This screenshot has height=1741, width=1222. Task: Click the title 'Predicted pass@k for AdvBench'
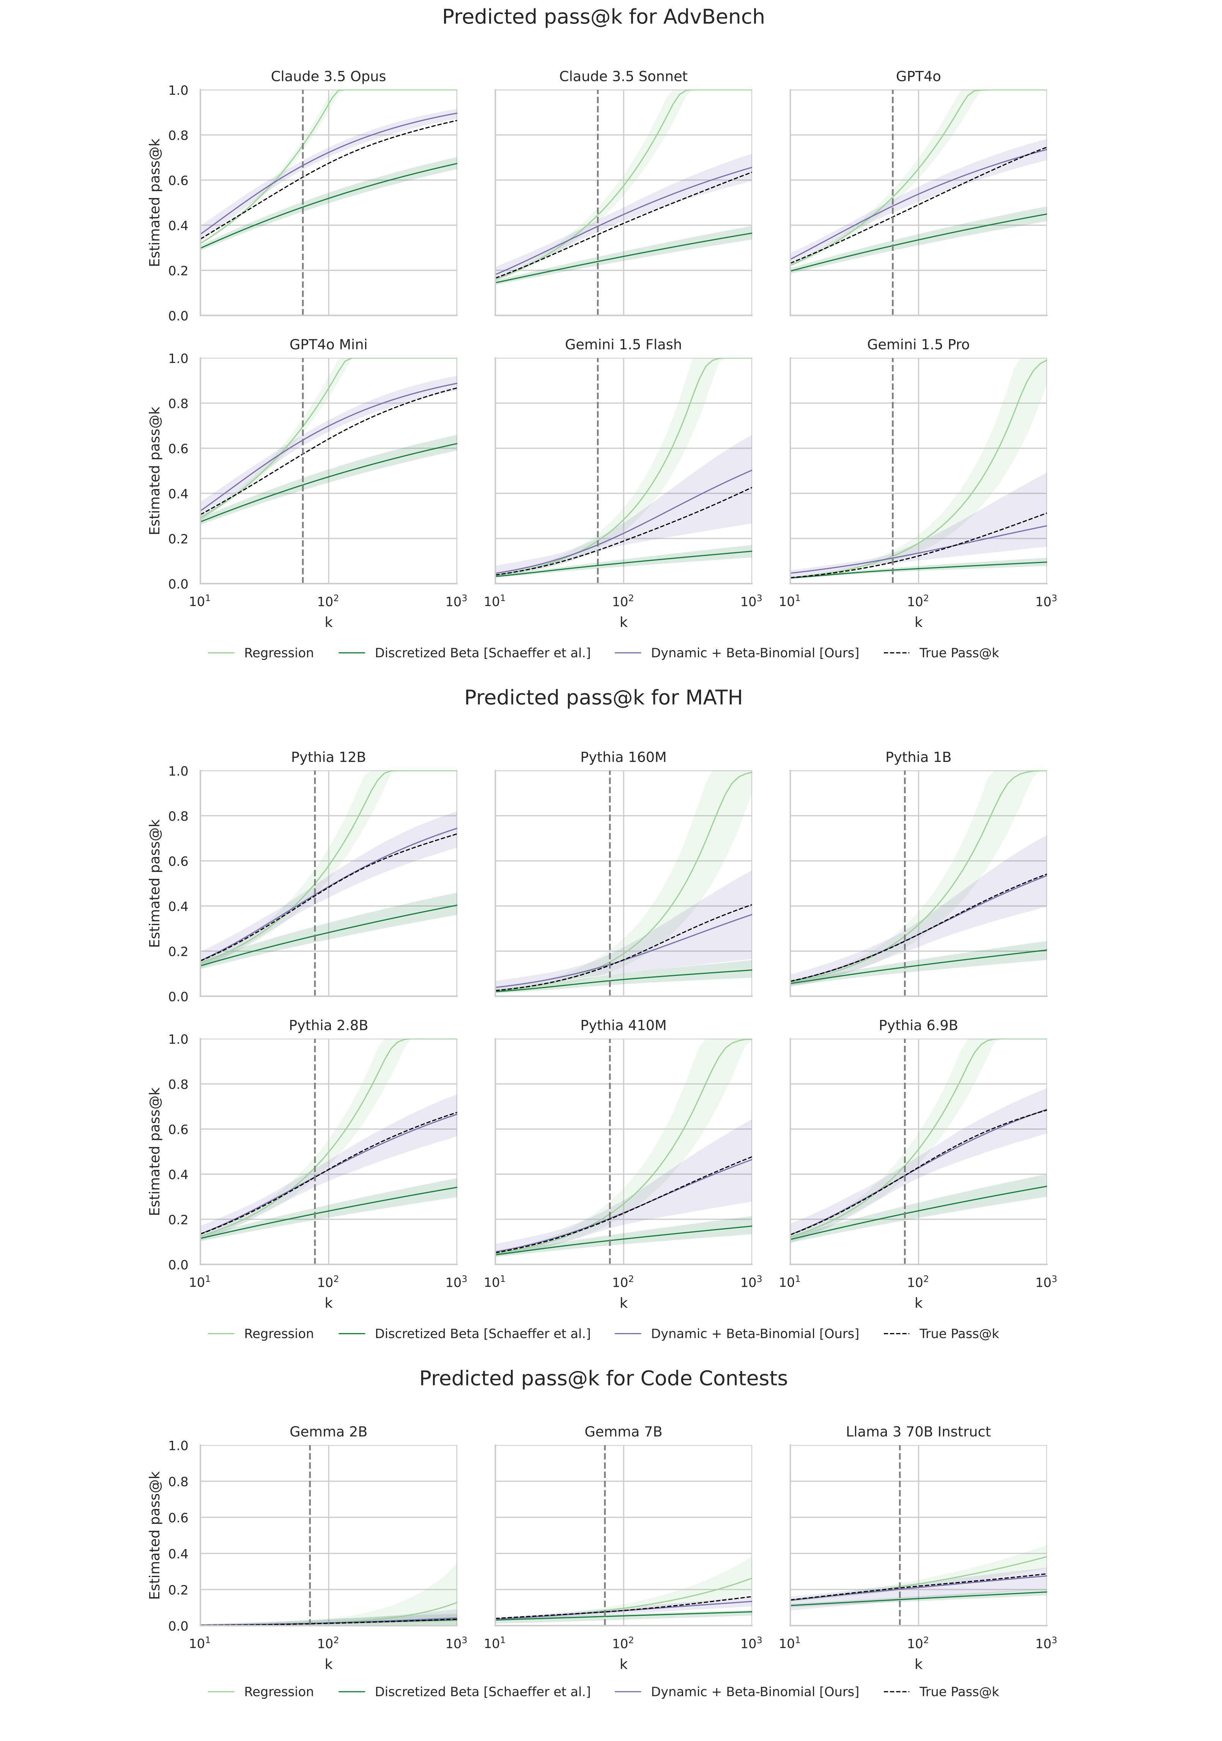[603, 17]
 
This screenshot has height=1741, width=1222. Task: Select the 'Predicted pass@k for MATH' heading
[603, 697]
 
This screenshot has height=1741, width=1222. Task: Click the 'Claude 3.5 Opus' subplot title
[328, 77]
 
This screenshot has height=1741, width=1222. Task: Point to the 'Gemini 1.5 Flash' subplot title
[623, 344]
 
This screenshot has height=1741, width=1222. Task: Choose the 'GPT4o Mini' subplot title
[328, 344]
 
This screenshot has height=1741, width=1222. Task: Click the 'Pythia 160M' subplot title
[623, 757]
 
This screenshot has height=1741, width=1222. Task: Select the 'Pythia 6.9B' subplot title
[918, 1025]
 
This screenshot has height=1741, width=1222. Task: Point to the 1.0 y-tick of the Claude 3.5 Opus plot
[178, 90]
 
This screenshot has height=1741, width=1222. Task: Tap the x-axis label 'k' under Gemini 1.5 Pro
[918, 623]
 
